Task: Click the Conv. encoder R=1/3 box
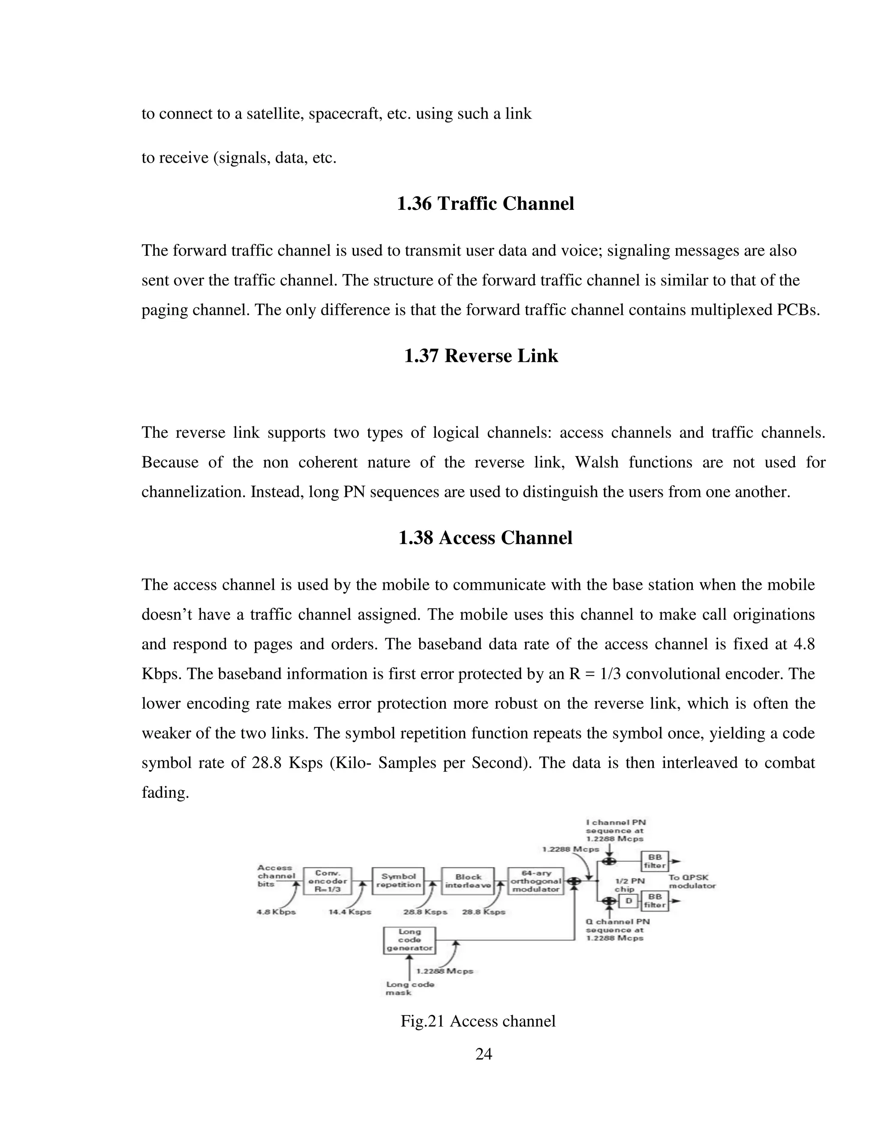point(327,881)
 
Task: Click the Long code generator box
point(409,940)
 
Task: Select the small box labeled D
point(628,901)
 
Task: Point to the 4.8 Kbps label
point(276,912)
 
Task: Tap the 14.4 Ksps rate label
point(349,912)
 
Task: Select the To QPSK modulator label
point(692,881)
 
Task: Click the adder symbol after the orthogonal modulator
point(574,881)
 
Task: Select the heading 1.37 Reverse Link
point(481,356)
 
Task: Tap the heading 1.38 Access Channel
point(485,538)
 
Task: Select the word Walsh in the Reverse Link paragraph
point(597,462)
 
